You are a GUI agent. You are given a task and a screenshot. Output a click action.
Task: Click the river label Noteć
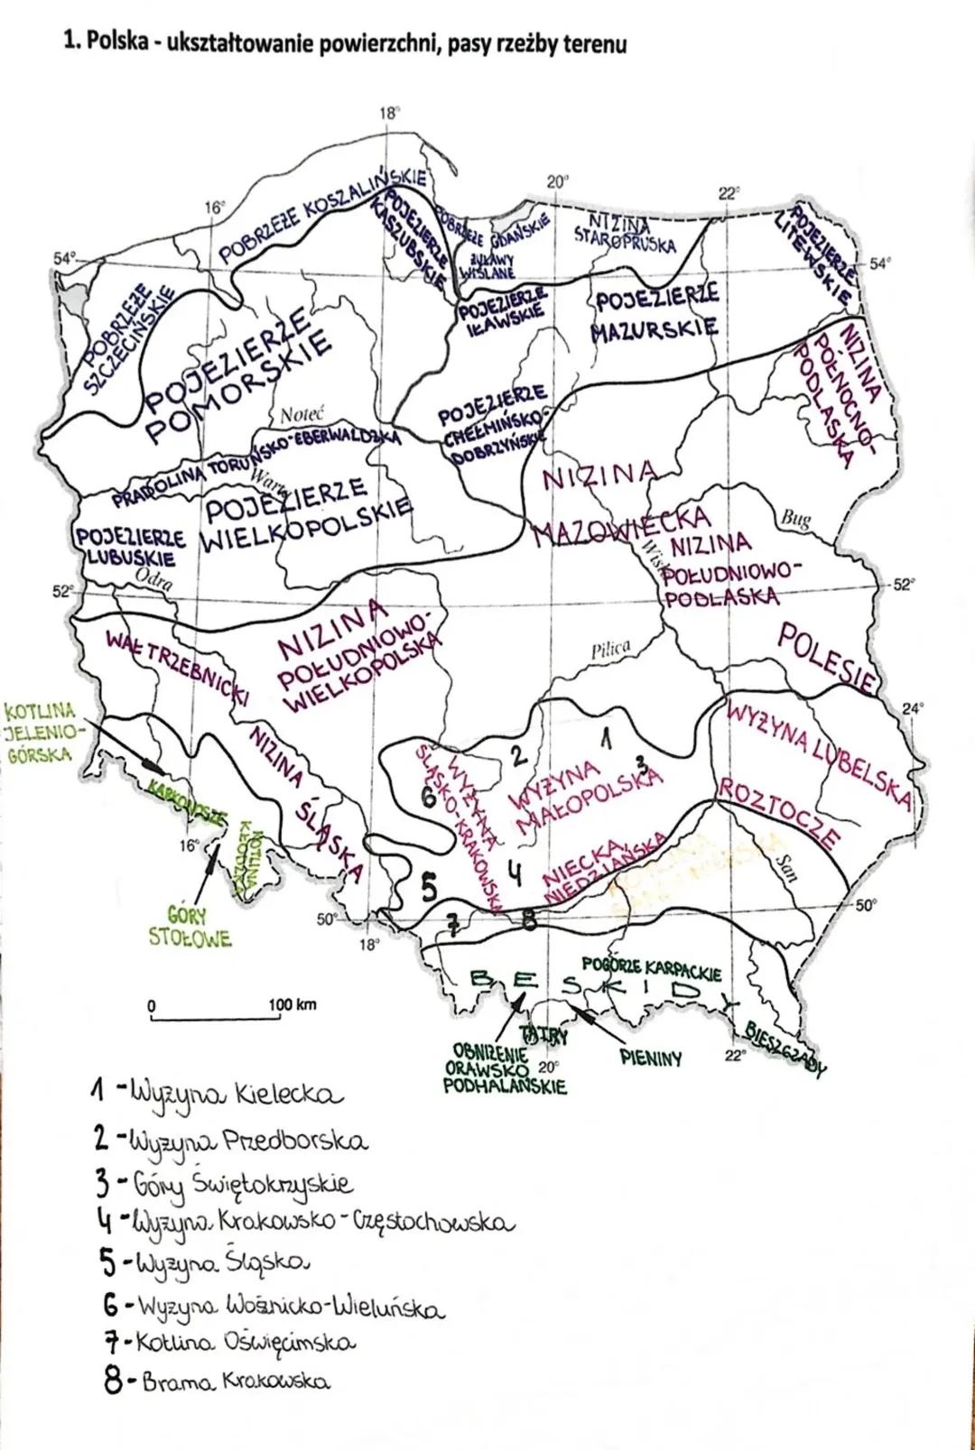click(302, 417)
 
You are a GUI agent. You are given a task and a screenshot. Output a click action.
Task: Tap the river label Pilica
click(610, 650)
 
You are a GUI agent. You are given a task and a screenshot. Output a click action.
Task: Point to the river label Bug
click(794, 520)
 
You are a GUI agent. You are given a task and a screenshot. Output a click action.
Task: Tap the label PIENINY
click(652, 1057)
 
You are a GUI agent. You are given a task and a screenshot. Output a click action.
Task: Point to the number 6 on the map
click(429, 798)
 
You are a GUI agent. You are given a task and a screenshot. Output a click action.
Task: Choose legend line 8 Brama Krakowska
click(217, 1381)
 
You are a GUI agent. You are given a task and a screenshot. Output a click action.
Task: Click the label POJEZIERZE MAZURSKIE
click(655, 312)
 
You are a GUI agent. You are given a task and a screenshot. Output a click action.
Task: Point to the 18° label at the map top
click(388, 114)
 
